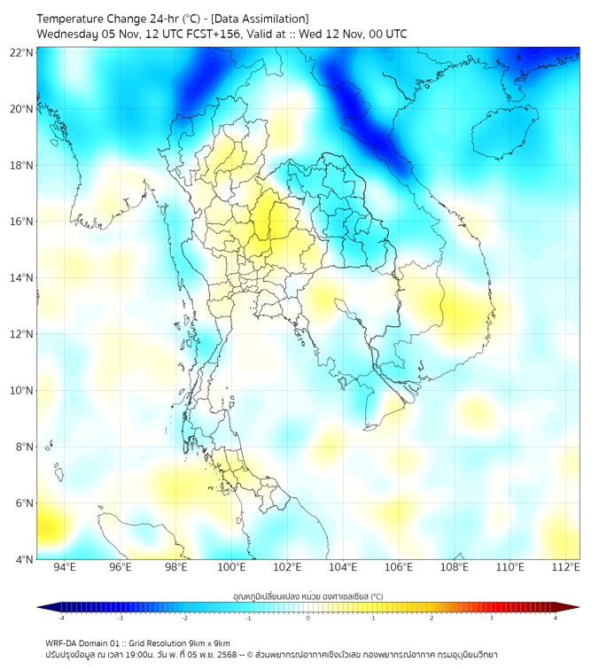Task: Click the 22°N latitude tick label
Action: click(22, 52)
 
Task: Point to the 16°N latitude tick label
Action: click(22, 222)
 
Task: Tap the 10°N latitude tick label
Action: click(22, 391)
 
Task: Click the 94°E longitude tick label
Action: click(65, 568)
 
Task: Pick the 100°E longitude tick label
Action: click(231, 568)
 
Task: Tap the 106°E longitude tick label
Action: click(399, 568)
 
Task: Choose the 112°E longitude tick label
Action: click(565, 568)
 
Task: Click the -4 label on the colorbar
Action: click(61, 618)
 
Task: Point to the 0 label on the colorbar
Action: click(308, 618)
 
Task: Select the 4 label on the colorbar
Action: click(556, 618)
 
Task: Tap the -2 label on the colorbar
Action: click(184, 618)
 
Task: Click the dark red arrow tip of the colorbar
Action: click(573, 607)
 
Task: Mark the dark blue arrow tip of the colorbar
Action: click(43, 607)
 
